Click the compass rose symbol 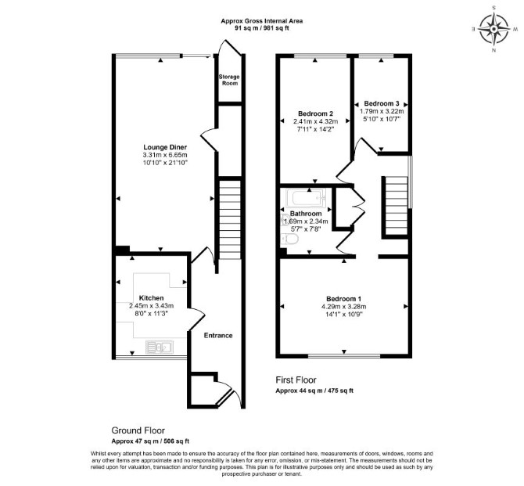(494, 29)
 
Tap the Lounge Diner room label (165, 147)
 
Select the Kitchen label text (152, 298)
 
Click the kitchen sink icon (160, 347)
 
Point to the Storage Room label (229, 80)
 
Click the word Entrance (218, 336)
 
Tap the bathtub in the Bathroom (306, 198)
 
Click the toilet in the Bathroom (289, 239)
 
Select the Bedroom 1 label (344, 299)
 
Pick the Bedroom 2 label (315, 113)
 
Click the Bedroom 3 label (382, 103)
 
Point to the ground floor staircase (230, 220)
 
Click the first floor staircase (397, 206)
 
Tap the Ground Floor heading (138, 430)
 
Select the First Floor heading (296, 380)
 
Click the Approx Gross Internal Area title (262, 21)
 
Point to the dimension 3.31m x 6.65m (165, 155)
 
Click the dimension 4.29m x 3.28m (344, 306)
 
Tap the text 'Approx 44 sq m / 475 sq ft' (314, 391)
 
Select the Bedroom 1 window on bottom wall (344, 356)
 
